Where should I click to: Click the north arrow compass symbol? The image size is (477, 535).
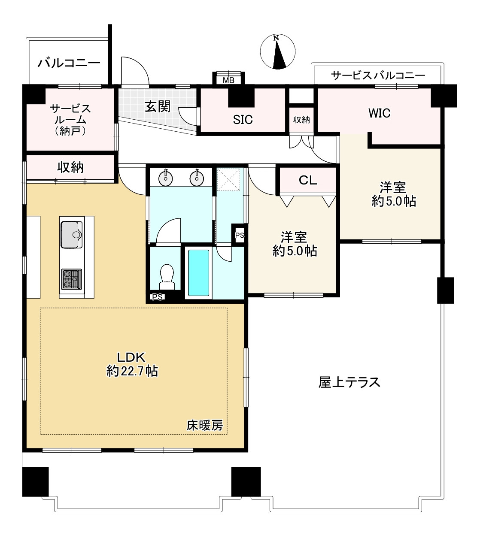click(x=278, y=52)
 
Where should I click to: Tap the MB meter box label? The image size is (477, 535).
click(x=228, y=79)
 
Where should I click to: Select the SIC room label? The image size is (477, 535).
click(x=243, y=120)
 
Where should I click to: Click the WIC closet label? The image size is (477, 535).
click(x=379, y=113)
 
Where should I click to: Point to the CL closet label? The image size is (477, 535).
click(x=307, y=180)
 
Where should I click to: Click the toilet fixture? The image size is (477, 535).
click(x=166, y=277)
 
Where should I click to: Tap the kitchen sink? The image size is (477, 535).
click(x=71, y=234)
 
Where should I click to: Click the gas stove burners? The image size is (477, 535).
click(x=71, y=278)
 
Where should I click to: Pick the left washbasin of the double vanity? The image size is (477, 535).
click(x=165, y=177)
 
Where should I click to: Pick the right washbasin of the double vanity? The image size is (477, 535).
click(x=197, y=177)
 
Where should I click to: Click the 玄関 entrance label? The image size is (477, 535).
click(x=157, y=106)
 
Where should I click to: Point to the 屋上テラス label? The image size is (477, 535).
click(x=349, y=382)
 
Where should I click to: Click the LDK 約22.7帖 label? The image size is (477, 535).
click(x=132, y=364)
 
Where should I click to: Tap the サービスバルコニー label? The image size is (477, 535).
click(x=378, y=76)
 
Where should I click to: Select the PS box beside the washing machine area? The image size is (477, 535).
click(x=239, y=235)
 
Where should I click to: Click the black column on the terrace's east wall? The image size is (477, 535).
click(x=445, y=290)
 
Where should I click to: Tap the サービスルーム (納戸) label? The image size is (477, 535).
click(x=70, y=119)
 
